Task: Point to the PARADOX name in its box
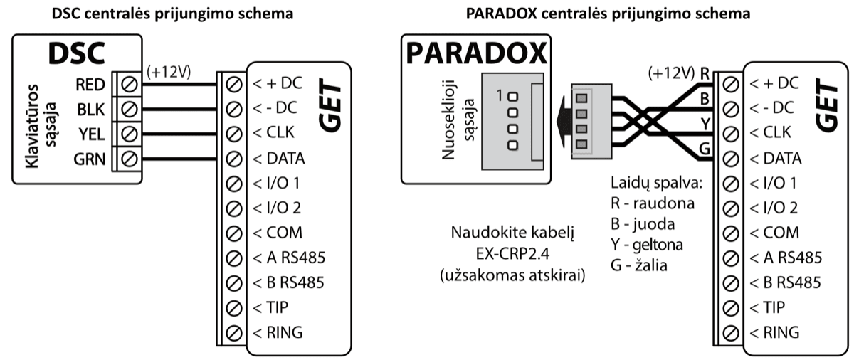tap(475, 54)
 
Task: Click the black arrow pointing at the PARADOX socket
tap(564, 120)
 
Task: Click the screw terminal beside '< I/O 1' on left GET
tap(232, 183)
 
